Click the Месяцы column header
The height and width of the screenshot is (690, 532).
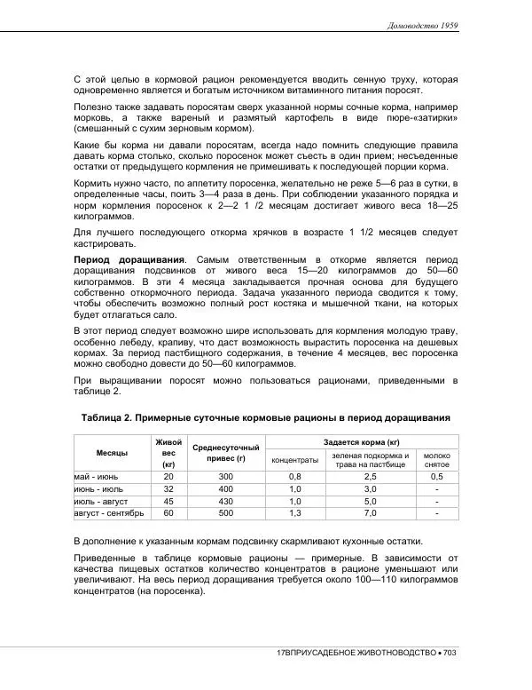point(112,453)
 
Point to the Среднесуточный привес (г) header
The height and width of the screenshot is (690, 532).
point(225,453)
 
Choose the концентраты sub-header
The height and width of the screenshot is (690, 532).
point(295,460)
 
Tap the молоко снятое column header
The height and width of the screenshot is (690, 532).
point(437,460)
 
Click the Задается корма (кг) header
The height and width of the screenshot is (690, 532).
point(362,441)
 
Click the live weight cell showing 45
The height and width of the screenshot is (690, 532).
point(168,501)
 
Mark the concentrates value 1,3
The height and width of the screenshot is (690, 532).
point(295,513)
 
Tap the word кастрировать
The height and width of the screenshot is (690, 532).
point(105,243)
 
